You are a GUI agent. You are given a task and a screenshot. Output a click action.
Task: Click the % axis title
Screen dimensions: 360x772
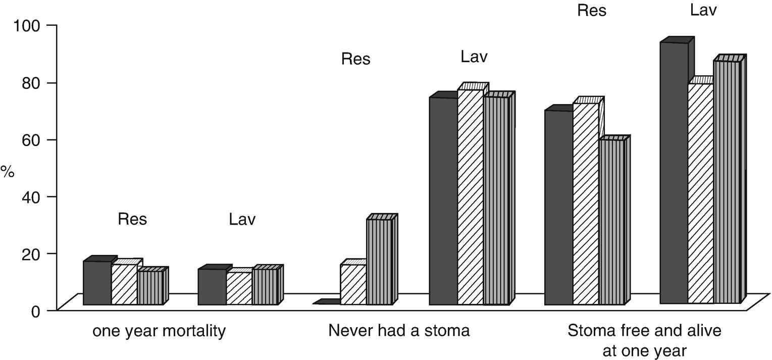coord(7,171)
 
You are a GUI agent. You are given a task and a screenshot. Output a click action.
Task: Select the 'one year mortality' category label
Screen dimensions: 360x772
coord(159,332)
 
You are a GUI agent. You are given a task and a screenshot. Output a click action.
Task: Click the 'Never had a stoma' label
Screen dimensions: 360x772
coord(399,331)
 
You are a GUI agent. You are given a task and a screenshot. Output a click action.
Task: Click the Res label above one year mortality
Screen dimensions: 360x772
coord(132,220)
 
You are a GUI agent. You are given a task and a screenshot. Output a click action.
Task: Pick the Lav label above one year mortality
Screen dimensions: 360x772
coord(242,220)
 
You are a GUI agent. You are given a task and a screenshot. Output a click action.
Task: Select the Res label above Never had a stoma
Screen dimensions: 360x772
coord(355,59)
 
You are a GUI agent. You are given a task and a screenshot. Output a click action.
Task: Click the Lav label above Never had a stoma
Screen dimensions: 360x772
coord(474,57)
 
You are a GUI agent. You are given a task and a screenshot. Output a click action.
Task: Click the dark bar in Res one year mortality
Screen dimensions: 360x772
coord(97,283)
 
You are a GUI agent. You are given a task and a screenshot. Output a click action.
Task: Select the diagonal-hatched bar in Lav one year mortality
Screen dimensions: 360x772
coord(239,288)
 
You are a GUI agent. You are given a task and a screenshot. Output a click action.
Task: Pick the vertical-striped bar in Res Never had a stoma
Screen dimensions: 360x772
coord(379,262)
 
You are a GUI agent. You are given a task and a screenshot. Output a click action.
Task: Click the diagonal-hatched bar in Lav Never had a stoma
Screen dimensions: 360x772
coord(470,197)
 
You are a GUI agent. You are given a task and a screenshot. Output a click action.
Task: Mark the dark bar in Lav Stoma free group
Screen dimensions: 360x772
coord(674,173)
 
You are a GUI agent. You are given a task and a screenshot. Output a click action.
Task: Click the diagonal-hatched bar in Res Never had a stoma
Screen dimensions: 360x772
coord(353,284)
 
